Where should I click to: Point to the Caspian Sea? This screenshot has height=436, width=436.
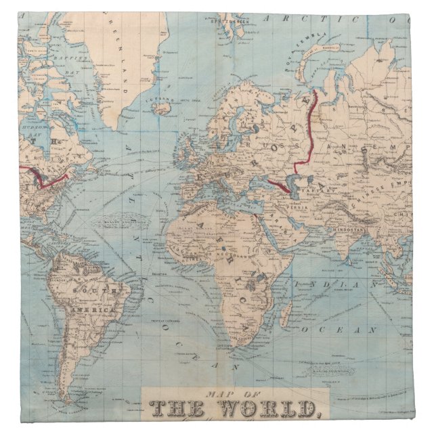[x=293, y=182]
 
